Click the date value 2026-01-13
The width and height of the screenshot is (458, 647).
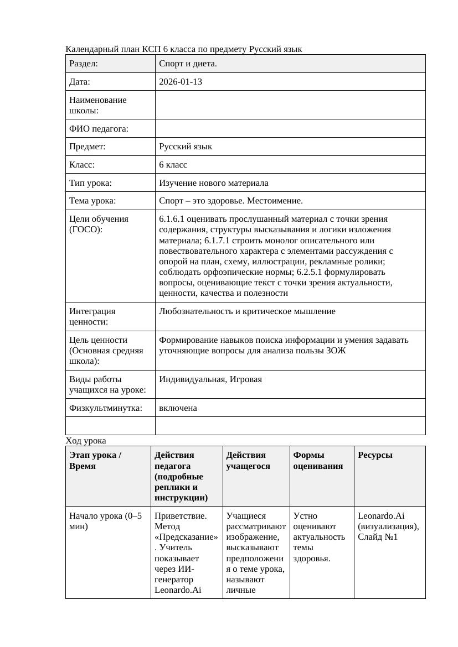click(x=180, y=82)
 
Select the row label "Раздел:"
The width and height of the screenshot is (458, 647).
click(x=84, y=64)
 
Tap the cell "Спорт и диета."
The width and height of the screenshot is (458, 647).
click(x=188, y=64)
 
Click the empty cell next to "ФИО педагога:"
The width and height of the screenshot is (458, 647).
click(x=290, y=129)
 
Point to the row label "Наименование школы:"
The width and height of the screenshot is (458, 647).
click(x=98, y=105)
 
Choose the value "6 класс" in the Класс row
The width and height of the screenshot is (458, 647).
click(x=173, y=165)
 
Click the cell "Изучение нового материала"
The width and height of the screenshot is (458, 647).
click(x=213, y=183)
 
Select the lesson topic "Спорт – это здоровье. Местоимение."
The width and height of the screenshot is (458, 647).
click(x=230, y=201)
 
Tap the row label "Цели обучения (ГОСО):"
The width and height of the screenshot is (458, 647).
click(x=99, y=224)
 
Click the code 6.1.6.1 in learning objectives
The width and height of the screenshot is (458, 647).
click(x=173, y=219)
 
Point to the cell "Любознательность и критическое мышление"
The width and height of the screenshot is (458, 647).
click(x=247, y=311)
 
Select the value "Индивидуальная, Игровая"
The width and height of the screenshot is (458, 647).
click(x=210, y=379)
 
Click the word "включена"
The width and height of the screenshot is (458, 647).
click(x=178, y=408)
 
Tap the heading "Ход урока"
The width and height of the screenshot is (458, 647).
click(x=85, y=441)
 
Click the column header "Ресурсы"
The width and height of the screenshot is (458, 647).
click(x=375, y=455)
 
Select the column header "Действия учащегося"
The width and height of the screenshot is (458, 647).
click(x=248, y=461)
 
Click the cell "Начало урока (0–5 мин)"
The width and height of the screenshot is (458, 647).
click(x=105, y=521)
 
